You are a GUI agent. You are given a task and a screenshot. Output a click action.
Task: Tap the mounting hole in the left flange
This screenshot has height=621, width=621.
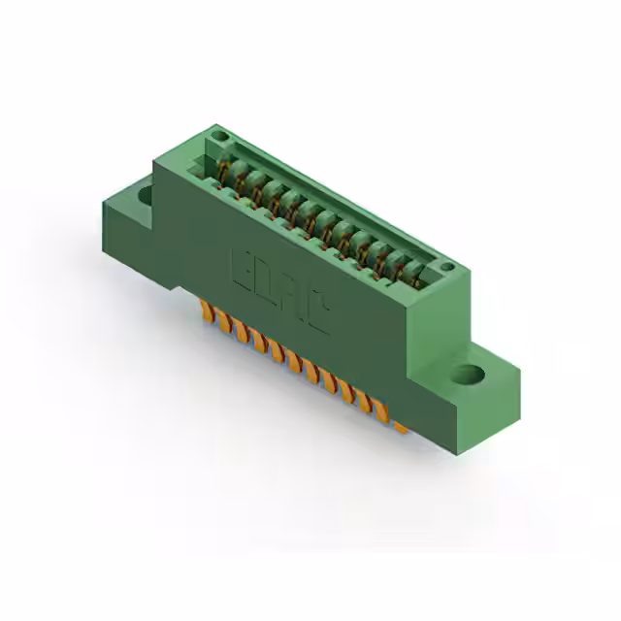[x=146, y=194]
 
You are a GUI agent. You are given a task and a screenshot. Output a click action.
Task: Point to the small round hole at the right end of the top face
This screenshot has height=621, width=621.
[x=445, y=266]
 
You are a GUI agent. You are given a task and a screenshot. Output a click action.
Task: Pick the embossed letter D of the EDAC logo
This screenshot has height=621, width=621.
[x=268, y=282]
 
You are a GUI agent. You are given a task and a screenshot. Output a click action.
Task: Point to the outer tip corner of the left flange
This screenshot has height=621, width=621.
[x=103, y=204]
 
